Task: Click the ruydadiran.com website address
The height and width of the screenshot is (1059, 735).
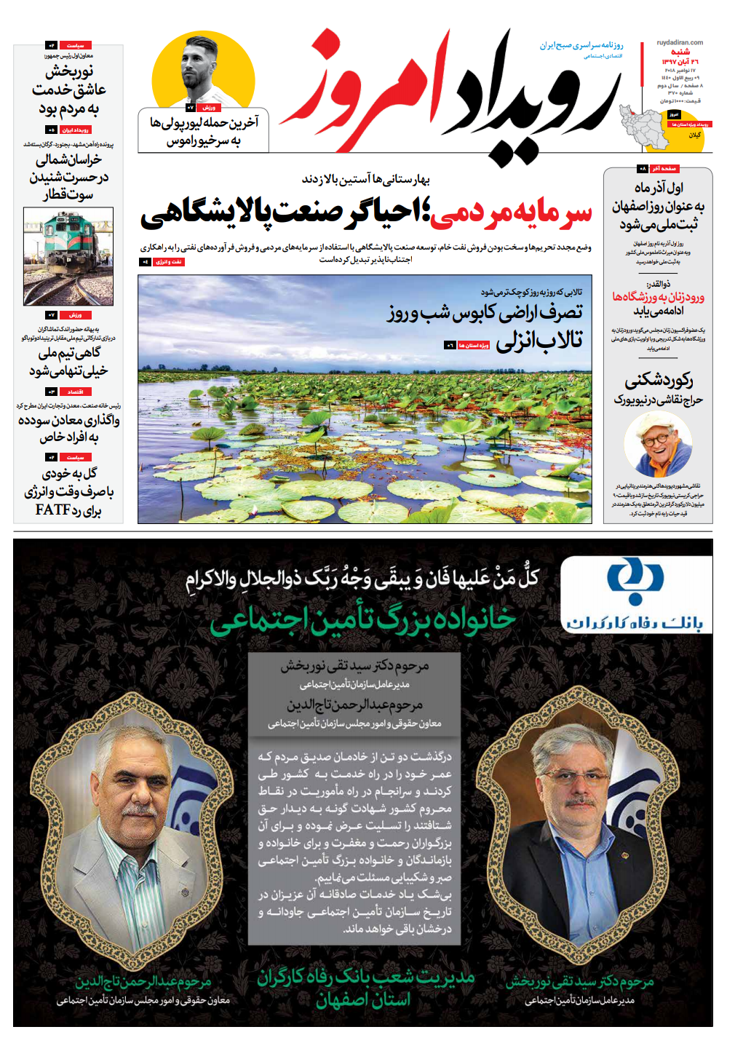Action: click(x=680, y=42)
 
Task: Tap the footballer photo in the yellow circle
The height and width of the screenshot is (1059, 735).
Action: click(x=203, y=69)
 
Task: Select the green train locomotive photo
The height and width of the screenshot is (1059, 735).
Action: click(x=68, y=255)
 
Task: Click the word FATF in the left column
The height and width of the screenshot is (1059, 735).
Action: click(x=52, y=509)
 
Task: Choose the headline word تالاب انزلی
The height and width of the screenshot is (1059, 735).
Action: click(x=539, y=340)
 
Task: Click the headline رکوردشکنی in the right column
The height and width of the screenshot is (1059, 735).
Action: click(x=658, y=381)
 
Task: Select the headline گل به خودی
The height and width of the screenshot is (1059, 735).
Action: click(x=70, y=473)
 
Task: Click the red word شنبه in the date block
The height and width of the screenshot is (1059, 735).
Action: click(x=680, y=52)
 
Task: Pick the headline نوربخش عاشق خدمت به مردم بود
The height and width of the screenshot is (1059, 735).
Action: click(x=69, y=90)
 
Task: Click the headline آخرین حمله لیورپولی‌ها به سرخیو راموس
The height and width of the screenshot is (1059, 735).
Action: click(x=204, y=131)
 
